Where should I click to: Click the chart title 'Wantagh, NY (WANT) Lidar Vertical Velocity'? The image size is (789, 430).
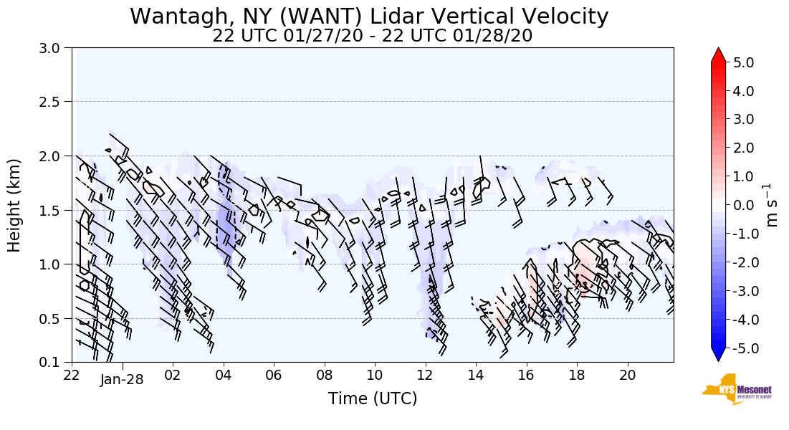[369, 16]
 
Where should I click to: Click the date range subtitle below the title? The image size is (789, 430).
[372, 36]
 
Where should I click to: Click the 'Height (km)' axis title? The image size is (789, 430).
[14, 205]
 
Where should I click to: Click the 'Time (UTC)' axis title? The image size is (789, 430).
[372, 398]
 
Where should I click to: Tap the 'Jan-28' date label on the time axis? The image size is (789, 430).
[122, 380]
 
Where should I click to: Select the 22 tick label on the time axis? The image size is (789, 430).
[72, 375]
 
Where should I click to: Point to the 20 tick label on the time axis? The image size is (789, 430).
[628, 375]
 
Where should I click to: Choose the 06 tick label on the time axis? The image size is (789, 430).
[274, 375]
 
